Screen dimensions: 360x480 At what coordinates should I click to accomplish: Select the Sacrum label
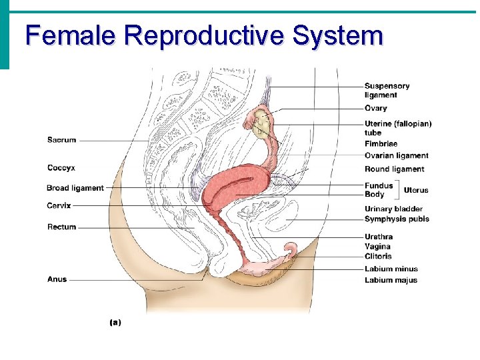point(61,140)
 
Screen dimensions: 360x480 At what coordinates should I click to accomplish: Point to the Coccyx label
point(61,167)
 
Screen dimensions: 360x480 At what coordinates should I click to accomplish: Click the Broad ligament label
point(75,188)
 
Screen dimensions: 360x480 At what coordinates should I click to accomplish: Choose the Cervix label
point(59,205)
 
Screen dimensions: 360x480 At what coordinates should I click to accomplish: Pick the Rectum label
point(61,227)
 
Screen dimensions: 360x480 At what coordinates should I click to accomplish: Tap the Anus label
point(57,279)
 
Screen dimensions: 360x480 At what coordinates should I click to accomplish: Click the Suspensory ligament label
point(387,90)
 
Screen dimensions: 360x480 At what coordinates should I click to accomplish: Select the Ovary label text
point(375,108)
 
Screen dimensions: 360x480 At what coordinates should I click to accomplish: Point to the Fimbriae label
point(381,144)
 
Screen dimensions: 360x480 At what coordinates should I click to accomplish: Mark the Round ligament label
point(394,169)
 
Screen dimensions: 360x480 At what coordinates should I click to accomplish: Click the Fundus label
point(379,185)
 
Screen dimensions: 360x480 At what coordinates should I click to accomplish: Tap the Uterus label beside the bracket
point(416,190)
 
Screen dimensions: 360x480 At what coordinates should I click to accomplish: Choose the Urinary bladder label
point(393,209)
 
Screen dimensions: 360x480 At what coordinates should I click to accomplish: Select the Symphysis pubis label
point(397,219)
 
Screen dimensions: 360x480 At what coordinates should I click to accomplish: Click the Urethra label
point(379,237)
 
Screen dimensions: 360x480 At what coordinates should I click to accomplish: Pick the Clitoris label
point(378,256)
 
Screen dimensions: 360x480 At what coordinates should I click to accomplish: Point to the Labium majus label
point(391,280)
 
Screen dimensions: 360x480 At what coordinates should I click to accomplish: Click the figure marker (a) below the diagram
point(115,322)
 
